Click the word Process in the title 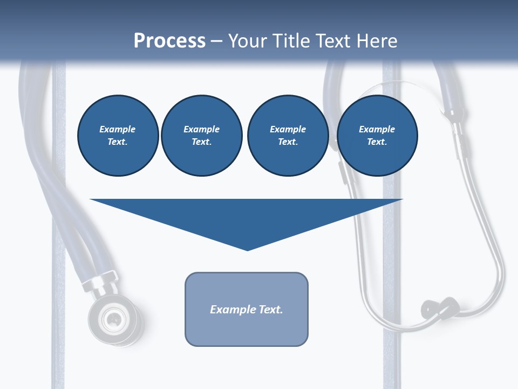point(169,41)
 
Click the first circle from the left point(118,136)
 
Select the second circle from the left point(201,136)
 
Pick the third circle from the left point(288,136)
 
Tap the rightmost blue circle point(377,136)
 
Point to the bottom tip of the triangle point(247,249)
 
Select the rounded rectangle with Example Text point(247,309)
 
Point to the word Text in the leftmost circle point(117,142)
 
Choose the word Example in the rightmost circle point(377,129)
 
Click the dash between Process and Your point(216,42)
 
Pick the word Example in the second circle point(201,129)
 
